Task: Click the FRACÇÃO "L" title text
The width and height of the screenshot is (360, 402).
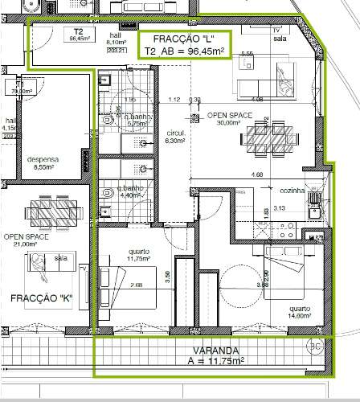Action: pyautogui.click(x=185, y=38)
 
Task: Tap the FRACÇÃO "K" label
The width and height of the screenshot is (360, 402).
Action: pyautogui.click(x=42, y=298)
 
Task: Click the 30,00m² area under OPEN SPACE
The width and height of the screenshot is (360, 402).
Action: pyautogui.click(x=229, y=124)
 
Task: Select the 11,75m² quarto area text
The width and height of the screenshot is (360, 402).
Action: pyautogui.click(x=139, y=259)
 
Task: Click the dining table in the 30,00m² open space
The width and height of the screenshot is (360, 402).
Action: pyautogui.click(x=271, y=138)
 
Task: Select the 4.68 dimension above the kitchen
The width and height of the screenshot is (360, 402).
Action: pyautogui.click(x=257, y=174)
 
